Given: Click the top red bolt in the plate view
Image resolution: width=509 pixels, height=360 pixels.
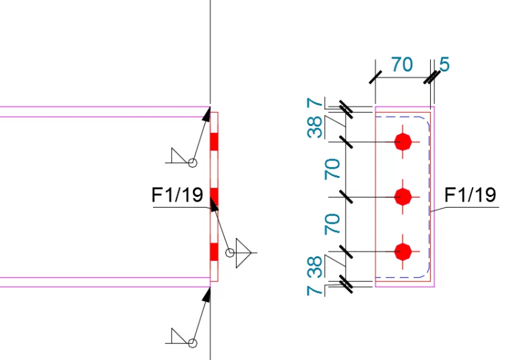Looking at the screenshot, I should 402,142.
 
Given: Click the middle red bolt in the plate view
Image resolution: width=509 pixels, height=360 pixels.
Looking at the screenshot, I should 402,196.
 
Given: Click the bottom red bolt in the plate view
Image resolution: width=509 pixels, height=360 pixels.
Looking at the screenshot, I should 402,251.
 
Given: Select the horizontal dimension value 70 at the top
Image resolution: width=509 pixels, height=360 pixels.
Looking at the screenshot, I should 402,66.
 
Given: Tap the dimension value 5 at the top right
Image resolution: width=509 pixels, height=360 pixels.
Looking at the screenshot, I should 444,65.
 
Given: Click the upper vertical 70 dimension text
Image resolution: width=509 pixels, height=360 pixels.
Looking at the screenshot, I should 332,169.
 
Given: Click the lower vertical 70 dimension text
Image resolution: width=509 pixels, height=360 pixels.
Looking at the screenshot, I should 332,224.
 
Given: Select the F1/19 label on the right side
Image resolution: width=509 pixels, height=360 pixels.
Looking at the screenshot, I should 471,196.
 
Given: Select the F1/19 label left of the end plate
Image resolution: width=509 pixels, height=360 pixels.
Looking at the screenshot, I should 177,196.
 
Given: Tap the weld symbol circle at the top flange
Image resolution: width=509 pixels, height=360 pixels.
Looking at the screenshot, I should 192,162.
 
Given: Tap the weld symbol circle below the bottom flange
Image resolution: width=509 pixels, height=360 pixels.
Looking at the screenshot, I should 192,343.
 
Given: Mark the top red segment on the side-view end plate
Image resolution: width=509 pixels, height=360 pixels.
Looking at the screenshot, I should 214,142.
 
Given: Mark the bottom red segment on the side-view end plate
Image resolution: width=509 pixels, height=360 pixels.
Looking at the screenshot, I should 214,251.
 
